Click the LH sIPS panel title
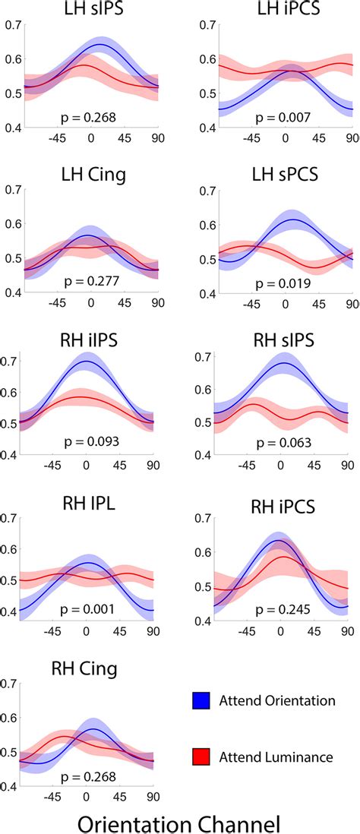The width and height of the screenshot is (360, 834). coord(90,11)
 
